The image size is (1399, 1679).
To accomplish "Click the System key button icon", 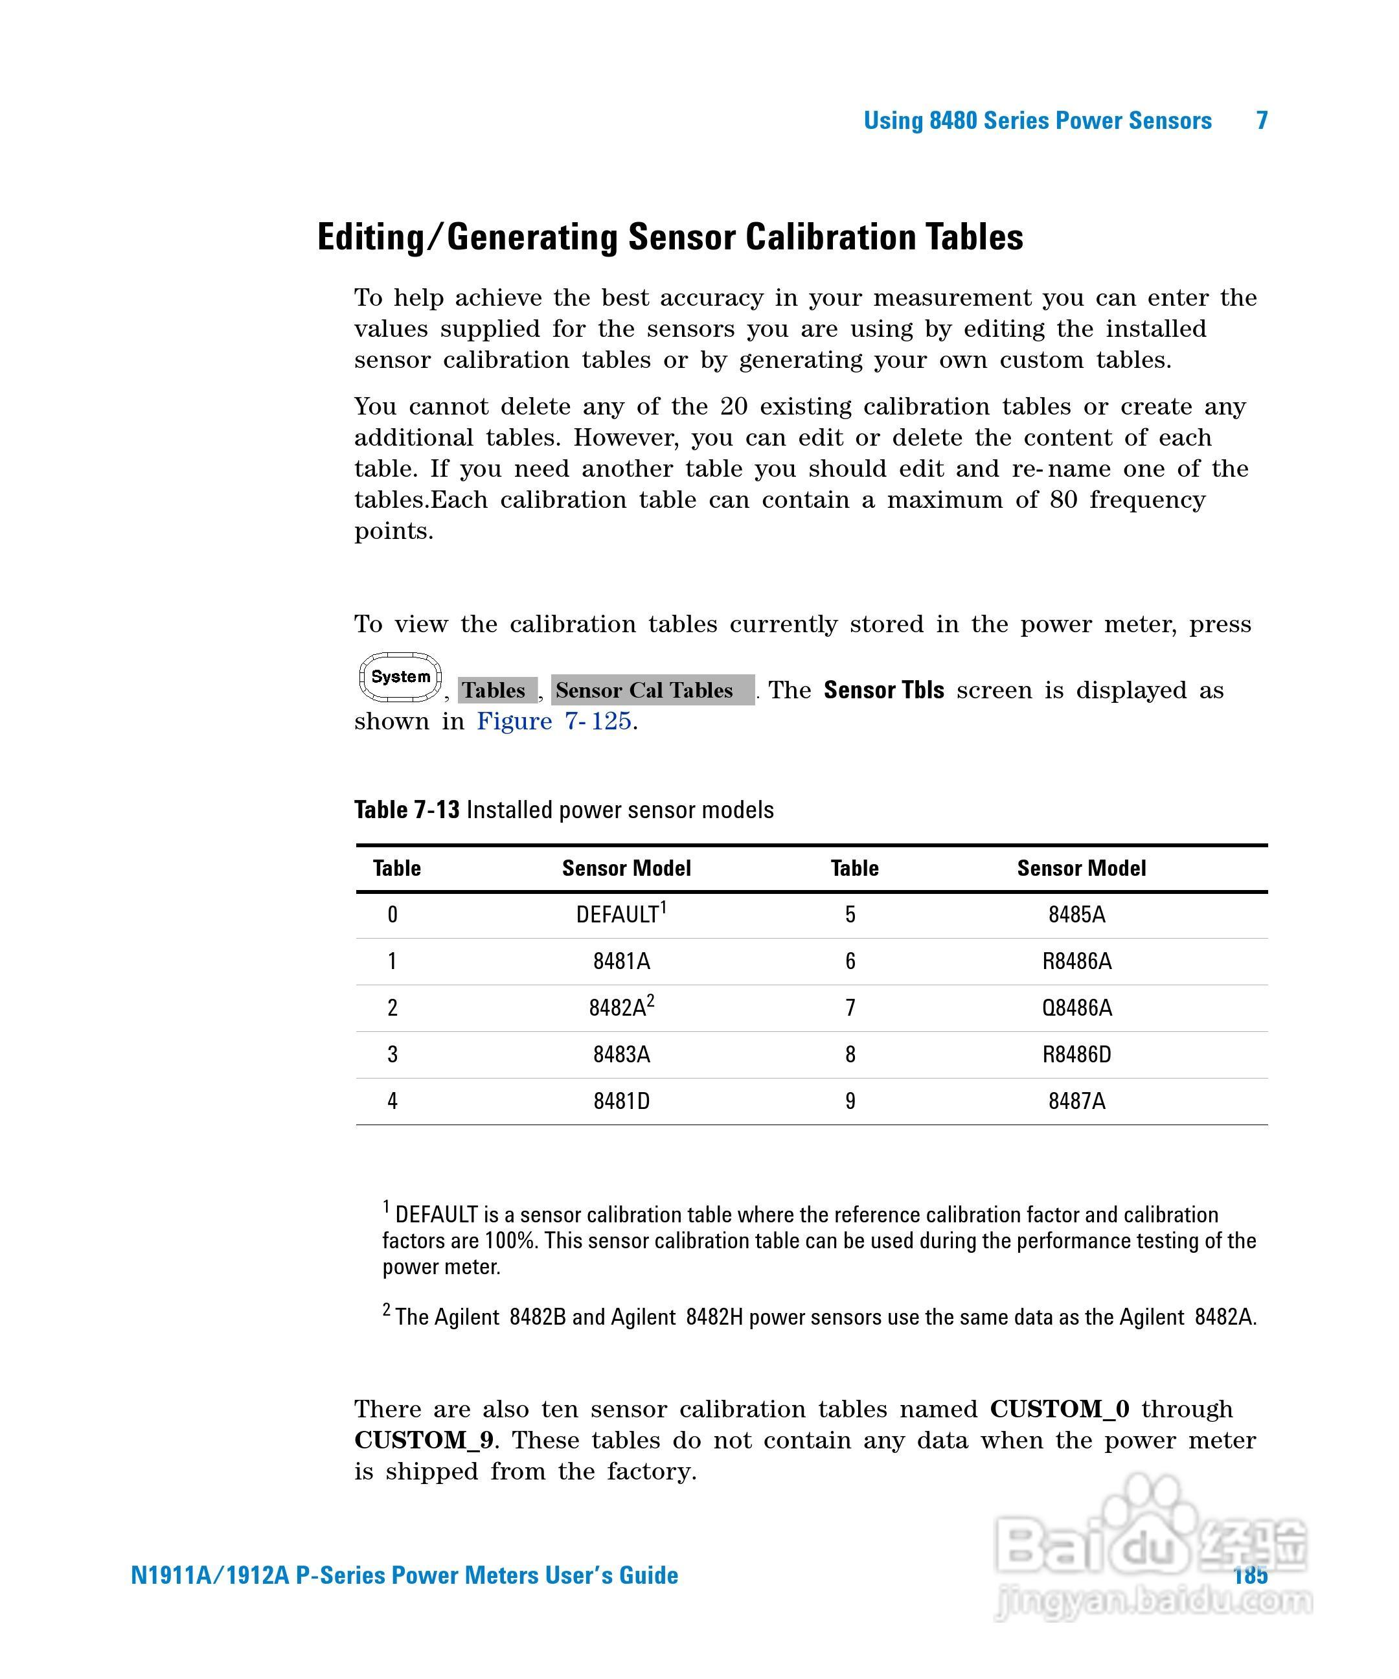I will coord(400,677).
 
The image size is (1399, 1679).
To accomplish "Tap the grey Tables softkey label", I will coord(495,690).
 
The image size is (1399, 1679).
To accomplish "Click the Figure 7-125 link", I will coord(554,721).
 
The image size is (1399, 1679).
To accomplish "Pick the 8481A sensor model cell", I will coord(621,961).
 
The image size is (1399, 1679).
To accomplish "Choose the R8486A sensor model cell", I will coord(1076,961).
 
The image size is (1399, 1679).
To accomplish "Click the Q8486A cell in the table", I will coord(1076,1007).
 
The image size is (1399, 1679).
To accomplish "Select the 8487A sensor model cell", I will coord(1076,1101).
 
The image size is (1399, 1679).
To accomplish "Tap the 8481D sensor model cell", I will coord(621,1101).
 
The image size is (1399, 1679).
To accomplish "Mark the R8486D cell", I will coord(1076,1055).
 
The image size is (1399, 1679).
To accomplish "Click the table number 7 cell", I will coord(850,1007).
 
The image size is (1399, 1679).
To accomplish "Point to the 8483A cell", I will coord(621,1055).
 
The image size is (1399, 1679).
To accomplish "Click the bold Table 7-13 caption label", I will coord(407,810).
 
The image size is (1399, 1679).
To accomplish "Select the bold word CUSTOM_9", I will coord(424,1441).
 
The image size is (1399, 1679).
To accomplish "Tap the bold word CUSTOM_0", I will coord(1059,1410).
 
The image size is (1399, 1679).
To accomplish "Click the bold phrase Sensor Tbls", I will coord(883,690).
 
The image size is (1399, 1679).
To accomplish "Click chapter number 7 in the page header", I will coord(1262,120).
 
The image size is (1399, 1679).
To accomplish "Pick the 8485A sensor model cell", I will coord(1076,914).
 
